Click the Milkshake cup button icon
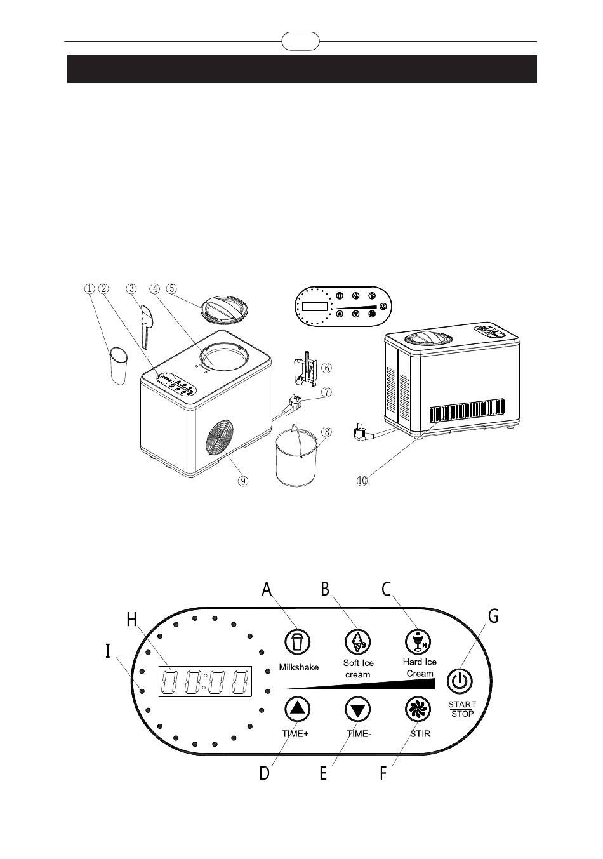(296, 642)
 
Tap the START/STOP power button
(461, 681)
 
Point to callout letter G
(493, 616)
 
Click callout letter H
(131, 620)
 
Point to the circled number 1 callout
(90, 288)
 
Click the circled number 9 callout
(242, 481)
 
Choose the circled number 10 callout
(362, 481)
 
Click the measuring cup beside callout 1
(119, 366)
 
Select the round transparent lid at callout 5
(225, 309)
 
